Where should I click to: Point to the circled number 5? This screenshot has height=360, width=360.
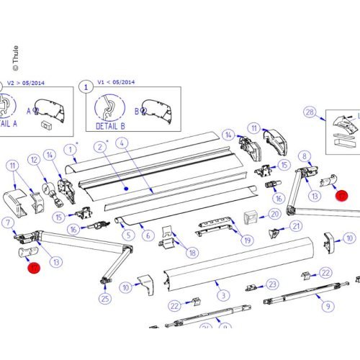coord(127,234)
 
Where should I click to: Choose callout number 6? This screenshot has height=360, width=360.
coord(147,235)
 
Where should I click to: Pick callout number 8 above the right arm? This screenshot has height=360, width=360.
coord(305,156)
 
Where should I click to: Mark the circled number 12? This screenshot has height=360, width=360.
coord(33,159)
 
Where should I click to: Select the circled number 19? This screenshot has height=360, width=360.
coord(248,240)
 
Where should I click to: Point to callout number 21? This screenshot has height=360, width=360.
coord(297,226)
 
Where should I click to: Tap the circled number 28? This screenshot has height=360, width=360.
coord(310,112)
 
